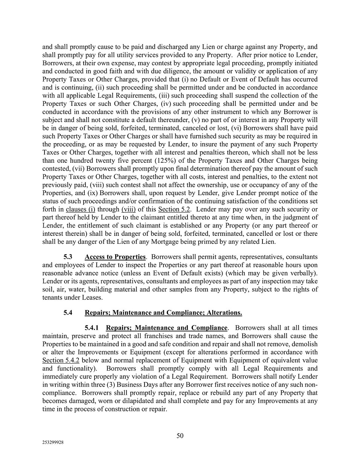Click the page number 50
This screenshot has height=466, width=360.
[180, 435]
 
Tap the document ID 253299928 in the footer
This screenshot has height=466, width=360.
[53, 443]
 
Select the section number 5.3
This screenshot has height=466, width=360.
[68, 257]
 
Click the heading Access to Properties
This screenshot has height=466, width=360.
[115, 257]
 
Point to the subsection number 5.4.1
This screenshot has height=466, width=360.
[94, 328]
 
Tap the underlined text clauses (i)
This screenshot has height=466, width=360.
[80, 209]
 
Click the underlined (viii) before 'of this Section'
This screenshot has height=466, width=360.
[128, 209]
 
